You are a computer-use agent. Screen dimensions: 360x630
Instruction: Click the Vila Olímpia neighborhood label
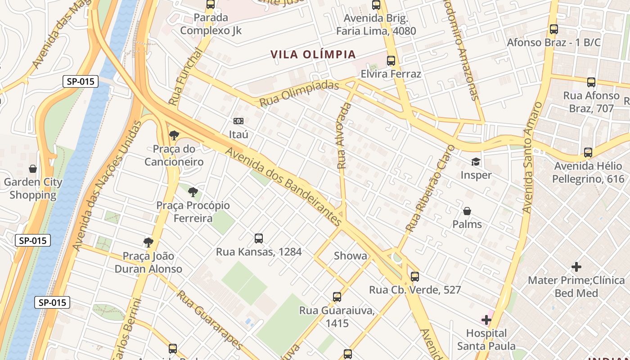(313, 54)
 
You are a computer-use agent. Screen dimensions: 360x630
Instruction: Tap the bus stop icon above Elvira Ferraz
(391, 61)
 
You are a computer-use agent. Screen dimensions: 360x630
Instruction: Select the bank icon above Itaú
(238, 121)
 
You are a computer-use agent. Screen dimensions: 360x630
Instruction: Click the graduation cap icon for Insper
(476, 162)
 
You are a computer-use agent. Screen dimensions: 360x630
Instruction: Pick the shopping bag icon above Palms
(467, 211)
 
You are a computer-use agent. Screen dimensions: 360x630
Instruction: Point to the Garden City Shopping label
(33, 189)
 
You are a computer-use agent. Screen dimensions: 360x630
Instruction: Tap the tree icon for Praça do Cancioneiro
(174, 135)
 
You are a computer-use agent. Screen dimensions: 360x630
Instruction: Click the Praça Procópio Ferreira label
(193, 212)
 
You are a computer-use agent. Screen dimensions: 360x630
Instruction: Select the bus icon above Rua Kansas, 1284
(258, 238)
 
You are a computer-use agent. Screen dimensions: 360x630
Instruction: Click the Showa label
(351, 256)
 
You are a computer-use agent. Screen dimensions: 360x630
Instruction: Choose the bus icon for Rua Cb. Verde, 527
(415, 277)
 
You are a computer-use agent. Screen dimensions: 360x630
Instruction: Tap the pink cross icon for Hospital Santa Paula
(486, 320)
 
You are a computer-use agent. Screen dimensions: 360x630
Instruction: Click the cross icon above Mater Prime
(576, 267)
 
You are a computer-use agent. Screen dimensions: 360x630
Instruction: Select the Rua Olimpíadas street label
(299, 94)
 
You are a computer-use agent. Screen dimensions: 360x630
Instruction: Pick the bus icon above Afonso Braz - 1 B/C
(553, 29)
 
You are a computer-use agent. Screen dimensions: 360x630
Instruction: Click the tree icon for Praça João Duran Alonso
(148, 243)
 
